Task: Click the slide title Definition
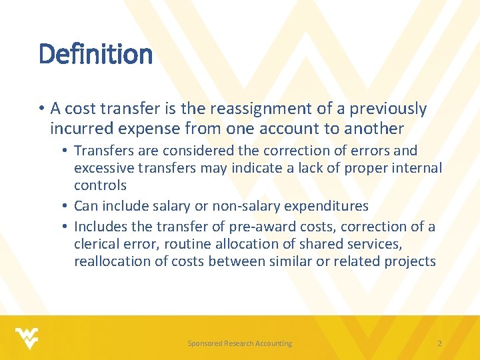(95, 54)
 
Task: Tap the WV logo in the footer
(27, 339)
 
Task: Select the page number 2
(439, 343)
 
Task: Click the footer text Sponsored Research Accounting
(240, 343)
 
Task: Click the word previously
(388, 109)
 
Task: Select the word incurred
(82, 128)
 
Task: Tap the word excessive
(104, 168)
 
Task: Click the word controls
(101, 185)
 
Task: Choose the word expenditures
(326, 206)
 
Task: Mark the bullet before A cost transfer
(42, 109)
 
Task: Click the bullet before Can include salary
(64, 206)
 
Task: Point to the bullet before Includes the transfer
(64, 227)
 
